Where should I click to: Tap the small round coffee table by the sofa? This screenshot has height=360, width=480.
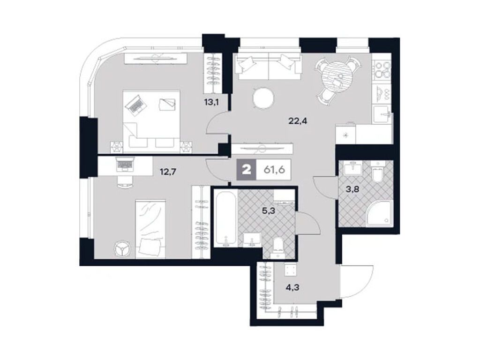point(262,98)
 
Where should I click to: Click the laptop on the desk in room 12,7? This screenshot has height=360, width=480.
point(124,165)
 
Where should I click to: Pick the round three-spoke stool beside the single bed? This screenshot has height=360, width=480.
point(123,248)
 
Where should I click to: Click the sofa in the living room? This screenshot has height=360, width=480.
point(268,67)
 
